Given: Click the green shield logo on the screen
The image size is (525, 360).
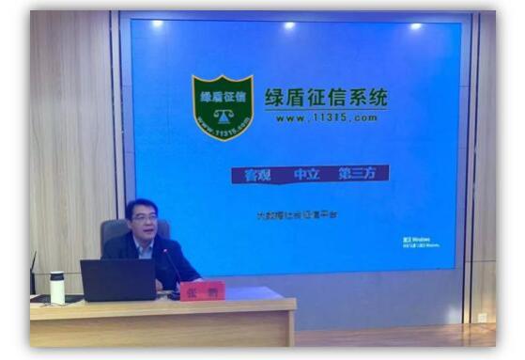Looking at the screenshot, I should coord(223,106).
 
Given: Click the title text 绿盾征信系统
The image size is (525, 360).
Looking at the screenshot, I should coord(325,98).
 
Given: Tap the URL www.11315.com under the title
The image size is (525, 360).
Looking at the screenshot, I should coord(326,117).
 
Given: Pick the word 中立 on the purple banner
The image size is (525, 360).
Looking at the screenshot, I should coord(307,175).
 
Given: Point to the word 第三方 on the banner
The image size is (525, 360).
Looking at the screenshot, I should coord(358,175).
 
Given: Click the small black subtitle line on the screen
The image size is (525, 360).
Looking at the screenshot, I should coord(297,215).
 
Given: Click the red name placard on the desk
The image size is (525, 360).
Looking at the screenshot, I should coord(202,290).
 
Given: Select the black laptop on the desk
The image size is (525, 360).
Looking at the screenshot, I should coord(117,280).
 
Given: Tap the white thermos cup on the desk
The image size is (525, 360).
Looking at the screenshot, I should coord(57,287).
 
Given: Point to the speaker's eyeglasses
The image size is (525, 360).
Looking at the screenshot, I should coord(144,220).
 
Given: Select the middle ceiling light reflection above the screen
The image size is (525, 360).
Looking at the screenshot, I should coord(288,25).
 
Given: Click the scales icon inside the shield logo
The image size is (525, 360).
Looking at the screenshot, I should coord(223,117).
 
